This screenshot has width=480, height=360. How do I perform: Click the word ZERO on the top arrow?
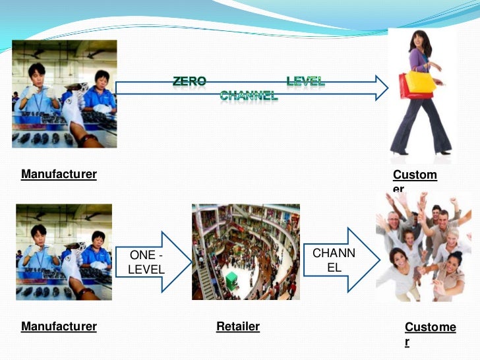[x=190, y=82]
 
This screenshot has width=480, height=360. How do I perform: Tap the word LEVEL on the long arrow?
[x=305, y=82]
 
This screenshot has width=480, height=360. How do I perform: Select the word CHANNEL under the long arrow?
[x=249, y=96]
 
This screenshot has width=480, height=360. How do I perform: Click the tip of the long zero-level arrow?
[x=387, y=88]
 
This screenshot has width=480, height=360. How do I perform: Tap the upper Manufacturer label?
[x=59, y=175]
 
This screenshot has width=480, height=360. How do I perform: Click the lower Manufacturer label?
[x=59, y=326]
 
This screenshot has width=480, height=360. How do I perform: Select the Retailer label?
[x=238, y=326]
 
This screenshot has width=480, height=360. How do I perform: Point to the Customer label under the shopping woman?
[x=415, y=175]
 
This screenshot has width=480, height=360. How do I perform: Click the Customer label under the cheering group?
[x=430, y=328]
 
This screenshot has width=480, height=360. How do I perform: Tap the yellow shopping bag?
[x=421, y=82]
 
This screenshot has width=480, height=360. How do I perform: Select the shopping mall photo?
[x=245, y=252]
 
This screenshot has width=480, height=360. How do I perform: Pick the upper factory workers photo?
[x=64, y=94]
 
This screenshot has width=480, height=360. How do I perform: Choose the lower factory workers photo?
[x=64, y=252]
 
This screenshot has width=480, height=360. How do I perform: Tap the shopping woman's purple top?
[x=419, y=60]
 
